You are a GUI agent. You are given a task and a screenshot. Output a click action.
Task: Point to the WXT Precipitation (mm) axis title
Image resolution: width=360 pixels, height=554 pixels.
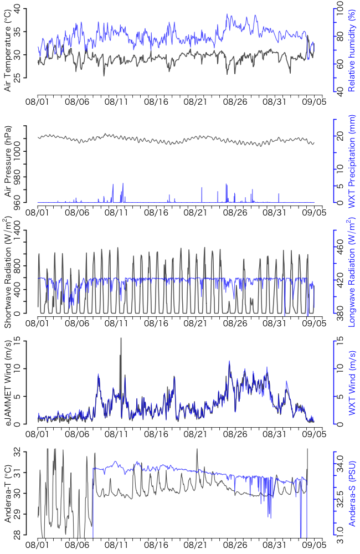click(351, 161)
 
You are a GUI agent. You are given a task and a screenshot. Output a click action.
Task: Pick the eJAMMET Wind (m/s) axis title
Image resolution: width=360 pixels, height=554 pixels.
click(8, 383)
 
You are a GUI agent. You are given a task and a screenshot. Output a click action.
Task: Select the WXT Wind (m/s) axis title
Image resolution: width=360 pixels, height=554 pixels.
click(351, 383)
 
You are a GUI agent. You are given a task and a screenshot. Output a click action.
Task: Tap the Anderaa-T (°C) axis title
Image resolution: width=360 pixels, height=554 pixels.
click(8, 495)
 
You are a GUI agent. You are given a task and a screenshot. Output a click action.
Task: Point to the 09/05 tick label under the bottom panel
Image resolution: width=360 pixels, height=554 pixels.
click(313, 546)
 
